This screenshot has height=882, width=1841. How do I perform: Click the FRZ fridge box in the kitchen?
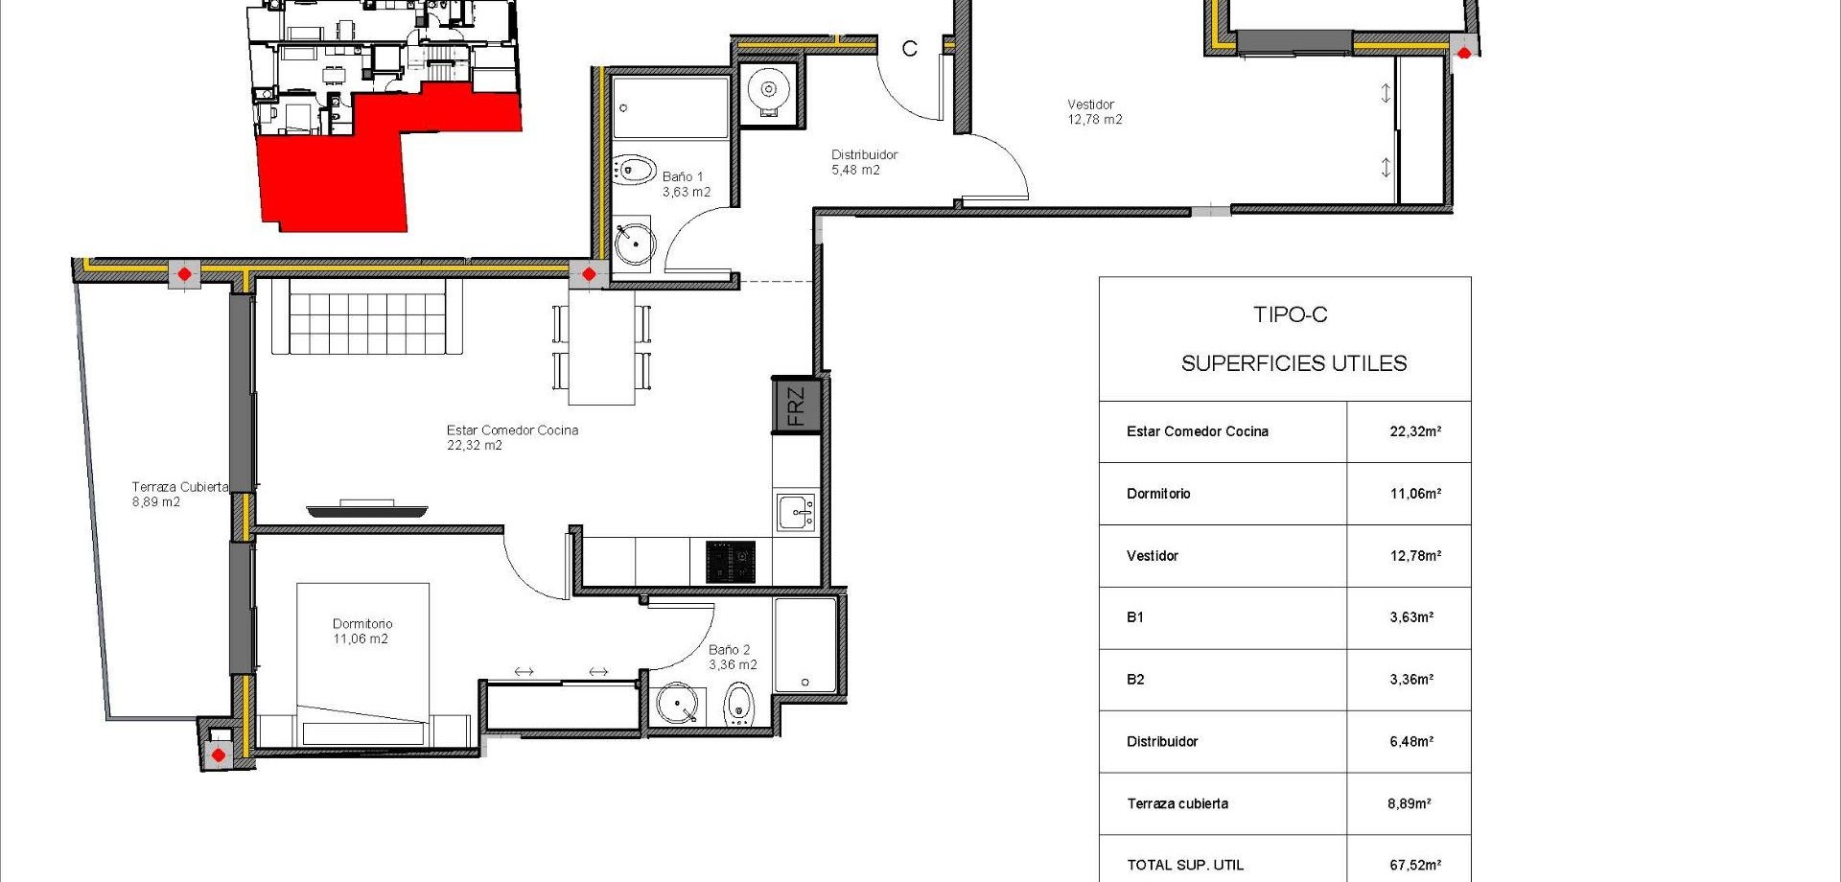[796, 406]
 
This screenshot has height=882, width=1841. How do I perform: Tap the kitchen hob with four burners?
[731, 562]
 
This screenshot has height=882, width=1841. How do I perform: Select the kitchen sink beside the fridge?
[796, 513]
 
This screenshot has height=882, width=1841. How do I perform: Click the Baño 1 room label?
[686, 184]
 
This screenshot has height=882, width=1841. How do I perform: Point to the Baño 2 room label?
[732, 657]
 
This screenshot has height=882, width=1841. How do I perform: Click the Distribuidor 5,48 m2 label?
[864, 162]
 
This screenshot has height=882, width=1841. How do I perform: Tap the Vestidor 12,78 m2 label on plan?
[1094, 112]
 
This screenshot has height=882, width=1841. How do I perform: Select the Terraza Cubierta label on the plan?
[179, 494]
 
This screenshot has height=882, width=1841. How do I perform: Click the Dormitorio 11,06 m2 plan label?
[361, 631]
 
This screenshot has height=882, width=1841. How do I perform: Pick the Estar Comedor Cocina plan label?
[512, 437]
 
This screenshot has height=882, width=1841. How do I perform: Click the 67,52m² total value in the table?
[1414, 865]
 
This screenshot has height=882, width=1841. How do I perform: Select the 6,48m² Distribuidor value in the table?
[1411, 741]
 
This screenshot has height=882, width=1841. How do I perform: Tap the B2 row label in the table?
[1135, 679]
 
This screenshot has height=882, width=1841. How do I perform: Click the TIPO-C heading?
[1290, 314]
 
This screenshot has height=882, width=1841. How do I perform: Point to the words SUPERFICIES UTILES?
[1293, 363]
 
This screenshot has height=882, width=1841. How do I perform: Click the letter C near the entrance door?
[909, 48]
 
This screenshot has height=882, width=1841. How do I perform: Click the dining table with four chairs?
[601, 348]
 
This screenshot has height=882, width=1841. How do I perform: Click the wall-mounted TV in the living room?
[366, 509]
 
